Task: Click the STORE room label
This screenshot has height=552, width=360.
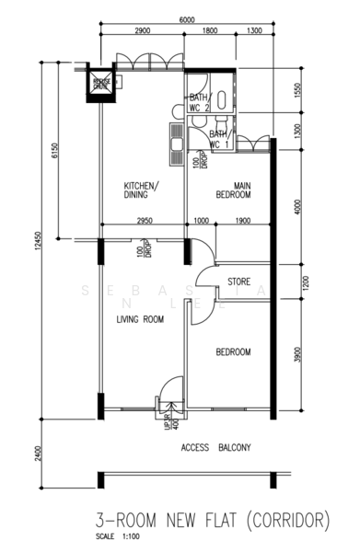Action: tap(239, 282)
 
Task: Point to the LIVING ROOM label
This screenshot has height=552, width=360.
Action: tap(139, 319)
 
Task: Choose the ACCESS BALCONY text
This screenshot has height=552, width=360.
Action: tap(216, 447)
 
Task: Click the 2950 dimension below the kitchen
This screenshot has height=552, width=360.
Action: tap(145, 221)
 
